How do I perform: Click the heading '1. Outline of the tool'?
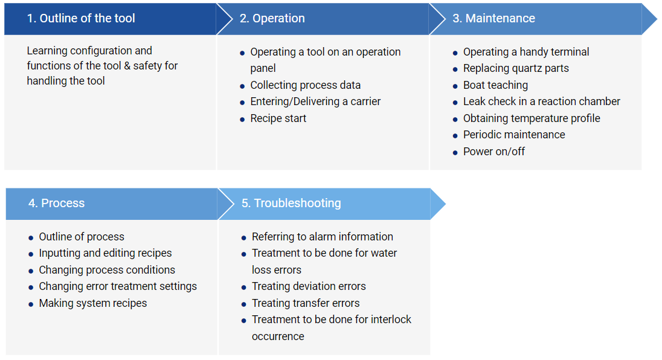click(81, 18)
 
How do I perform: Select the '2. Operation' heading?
click(272, 18)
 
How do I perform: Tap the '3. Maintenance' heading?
click(493, 18)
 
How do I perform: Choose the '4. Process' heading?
click(57, 203)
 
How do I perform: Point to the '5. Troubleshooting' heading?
click(291, 203)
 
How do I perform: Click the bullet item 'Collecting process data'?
click(305, 85)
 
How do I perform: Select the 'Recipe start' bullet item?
click(278, 118)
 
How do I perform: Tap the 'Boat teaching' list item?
click(495, 85)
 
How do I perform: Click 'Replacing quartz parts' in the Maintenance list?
click(516, 68)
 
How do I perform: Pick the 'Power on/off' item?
click(494, 152)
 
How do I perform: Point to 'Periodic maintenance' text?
click(514, 135)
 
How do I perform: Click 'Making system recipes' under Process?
click(93, 303)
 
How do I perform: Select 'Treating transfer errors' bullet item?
click(306, 303)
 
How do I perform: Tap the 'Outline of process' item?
click(82, 237)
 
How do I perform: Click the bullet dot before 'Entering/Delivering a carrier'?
click(242, 103)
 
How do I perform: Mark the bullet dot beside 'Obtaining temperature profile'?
click(455, 120)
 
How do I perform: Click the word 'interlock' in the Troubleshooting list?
click(391, 320)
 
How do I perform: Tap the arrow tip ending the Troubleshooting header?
click(445, 204)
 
